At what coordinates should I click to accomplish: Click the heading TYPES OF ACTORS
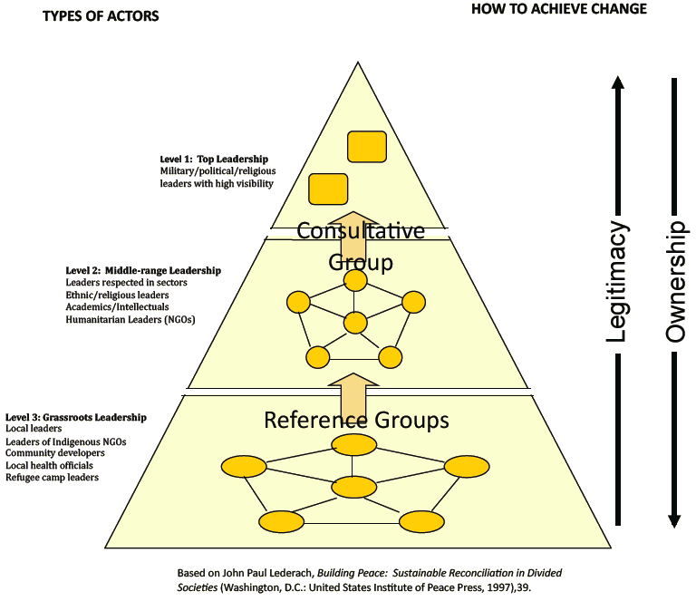100,15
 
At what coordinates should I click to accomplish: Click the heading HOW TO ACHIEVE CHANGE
559,9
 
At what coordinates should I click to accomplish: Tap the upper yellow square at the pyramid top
367,146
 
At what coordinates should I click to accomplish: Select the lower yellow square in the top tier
328,189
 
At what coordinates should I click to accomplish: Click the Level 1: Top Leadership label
214,160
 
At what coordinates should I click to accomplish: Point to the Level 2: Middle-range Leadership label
143,270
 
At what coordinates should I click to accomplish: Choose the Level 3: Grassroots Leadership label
76,417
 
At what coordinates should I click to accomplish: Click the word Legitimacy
617,282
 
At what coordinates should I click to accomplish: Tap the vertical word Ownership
675,282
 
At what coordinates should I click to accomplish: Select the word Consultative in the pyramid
361,231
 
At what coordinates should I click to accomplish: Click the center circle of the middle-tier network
355,322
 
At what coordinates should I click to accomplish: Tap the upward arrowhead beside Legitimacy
617,83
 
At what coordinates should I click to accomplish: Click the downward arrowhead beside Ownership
674,519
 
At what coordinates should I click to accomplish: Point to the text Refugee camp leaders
52,477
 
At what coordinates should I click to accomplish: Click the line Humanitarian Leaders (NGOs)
130,319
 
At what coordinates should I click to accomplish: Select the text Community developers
49,452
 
